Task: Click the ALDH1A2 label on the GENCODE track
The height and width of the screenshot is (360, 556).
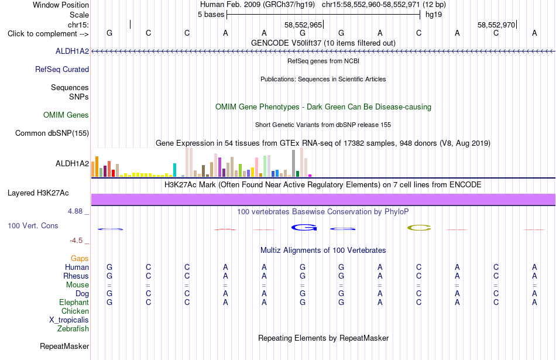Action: click(x=72, y=52)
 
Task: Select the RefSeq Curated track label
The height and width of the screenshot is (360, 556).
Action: click(x=62, y=70)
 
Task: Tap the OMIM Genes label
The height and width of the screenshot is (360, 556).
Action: click(x=66, y=115)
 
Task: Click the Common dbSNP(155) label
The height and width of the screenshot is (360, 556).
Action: click(x=52, y=133)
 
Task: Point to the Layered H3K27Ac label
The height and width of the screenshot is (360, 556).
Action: click(x=38, y=193)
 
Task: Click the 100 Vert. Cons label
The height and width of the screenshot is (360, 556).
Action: click(x=33, y=225)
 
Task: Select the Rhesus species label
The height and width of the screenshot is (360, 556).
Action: click(x=76, y=276)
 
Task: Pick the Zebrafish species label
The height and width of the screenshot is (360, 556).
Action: click(x=73, y=329)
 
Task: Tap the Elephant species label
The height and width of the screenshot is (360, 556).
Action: click(x=74, y=303)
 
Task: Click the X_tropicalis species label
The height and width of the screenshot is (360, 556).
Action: click(x=69, y=320)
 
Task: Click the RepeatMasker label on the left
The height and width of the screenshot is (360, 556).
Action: click(x=64, y=346)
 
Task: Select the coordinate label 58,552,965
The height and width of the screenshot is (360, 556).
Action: click(x=303, y=25)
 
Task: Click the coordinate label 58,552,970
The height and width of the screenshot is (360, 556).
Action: click(x=496, y=25)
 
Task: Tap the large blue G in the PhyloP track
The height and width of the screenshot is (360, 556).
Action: click(x=304, y=227)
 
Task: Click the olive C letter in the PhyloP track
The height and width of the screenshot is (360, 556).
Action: click(x=419, y=228)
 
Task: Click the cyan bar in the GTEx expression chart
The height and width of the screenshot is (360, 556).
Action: click(x=174, y=170)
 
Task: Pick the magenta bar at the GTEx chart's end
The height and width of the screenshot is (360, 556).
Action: click(x=310, y=176)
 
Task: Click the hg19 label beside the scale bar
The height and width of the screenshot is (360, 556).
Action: click(x=434, y=15)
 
